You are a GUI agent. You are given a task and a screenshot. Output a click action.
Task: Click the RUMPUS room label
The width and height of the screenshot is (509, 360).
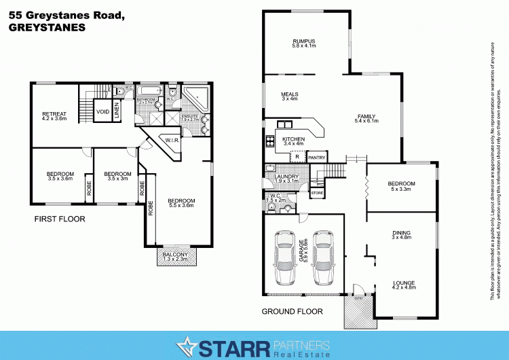(x=305, y=41)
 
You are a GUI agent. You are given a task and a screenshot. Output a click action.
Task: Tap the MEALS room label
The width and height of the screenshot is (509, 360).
(x=290, y=94)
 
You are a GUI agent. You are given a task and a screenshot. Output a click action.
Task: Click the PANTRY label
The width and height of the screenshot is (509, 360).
(x=317, y=158)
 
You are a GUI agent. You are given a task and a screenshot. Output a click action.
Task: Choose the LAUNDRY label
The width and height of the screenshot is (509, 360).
(x=287, y=177)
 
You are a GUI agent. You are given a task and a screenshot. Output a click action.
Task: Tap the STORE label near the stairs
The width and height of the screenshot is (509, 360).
(x=318, y=194)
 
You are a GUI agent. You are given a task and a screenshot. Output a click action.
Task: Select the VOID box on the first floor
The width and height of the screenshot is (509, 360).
(x=102, y=111)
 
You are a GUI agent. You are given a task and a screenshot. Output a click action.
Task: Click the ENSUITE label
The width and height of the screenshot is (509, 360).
(x=190, y=117)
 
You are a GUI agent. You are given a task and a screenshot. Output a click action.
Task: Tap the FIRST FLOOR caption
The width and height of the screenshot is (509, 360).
(x=60, y=219)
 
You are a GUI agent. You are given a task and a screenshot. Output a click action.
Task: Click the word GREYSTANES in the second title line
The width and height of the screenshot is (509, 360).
(x=45, y=28)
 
